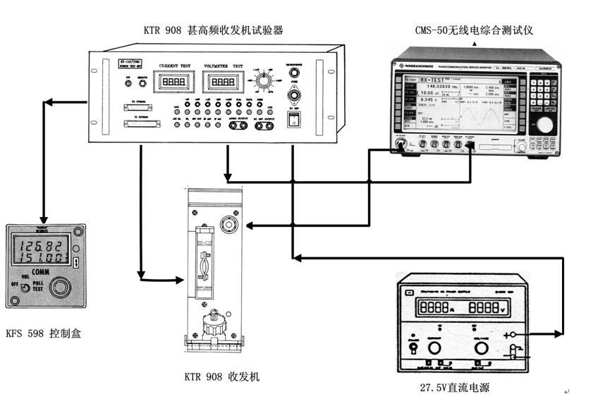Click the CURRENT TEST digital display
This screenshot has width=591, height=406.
click(x=172, y=82)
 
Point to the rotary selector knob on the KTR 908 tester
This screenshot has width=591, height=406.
click(x=264, y=83)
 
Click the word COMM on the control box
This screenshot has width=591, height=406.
click(x=44, y=271)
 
